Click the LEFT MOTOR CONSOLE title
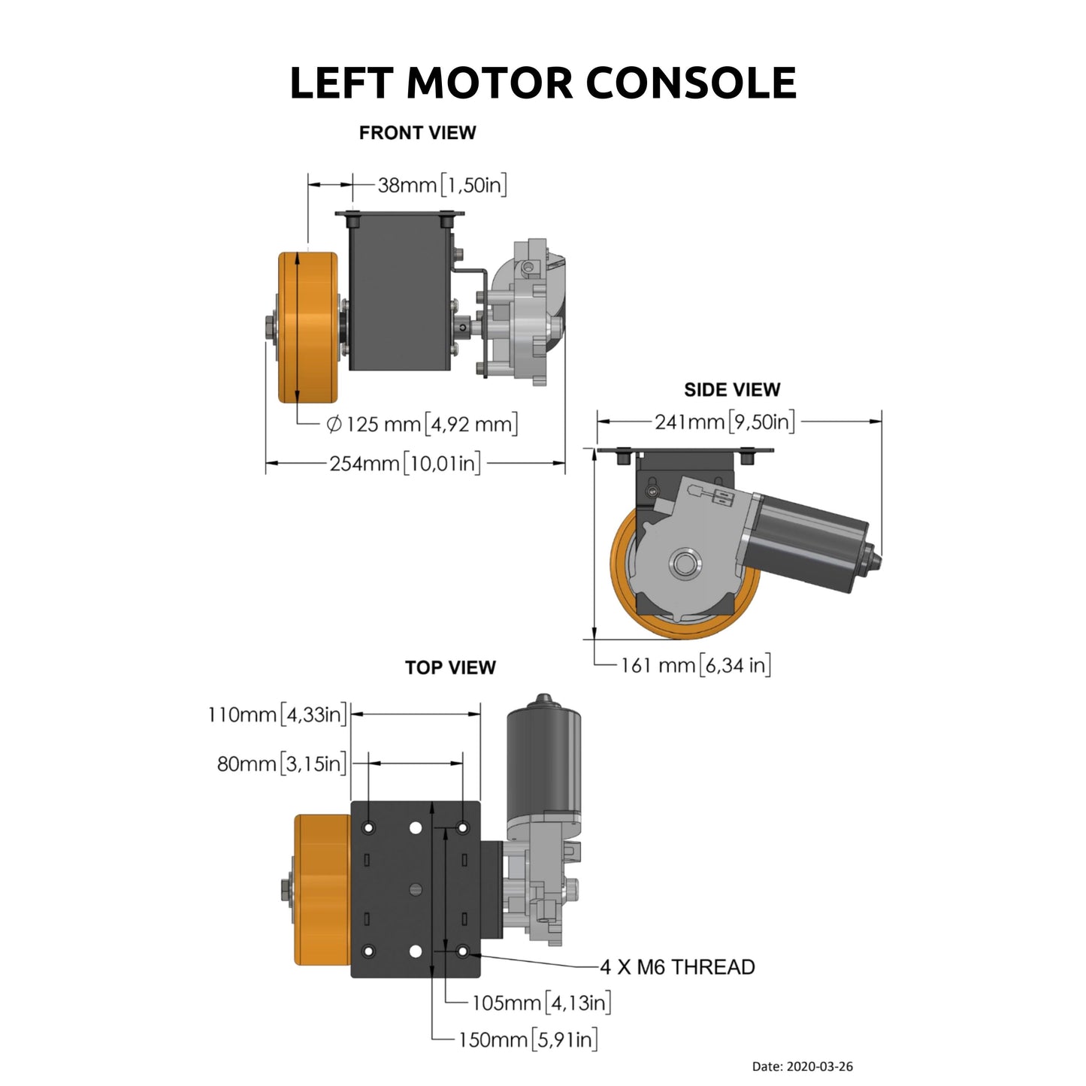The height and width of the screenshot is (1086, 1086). coord(543,83)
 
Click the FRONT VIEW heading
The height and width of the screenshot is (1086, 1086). coord(417,133)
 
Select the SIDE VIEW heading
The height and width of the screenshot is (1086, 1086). coord(731,390)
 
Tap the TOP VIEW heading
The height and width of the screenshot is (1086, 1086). coord(450,667)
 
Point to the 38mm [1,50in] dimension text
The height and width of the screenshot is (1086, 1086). coord(442,185)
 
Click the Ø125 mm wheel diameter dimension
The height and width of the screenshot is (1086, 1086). coord(422,425)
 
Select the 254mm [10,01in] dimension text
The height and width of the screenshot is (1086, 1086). coord(405,464)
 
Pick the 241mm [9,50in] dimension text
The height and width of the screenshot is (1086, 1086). coord(724,422)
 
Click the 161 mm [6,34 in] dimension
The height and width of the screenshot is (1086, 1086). coord(695,665)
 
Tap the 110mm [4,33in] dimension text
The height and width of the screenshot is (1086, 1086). coord(277,714)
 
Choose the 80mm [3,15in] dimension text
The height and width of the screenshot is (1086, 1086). coord(282,764)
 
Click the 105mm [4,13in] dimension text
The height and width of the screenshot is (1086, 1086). coord(541,1003)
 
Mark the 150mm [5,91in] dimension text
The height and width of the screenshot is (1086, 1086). coord(528,1040)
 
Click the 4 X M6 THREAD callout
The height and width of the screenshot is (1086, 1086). coord(677,967)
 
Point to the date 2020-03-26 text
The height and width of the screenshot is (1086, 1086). coord(802,1066)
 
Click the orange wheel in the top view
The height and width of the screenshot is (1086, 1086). coord(322,890)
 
